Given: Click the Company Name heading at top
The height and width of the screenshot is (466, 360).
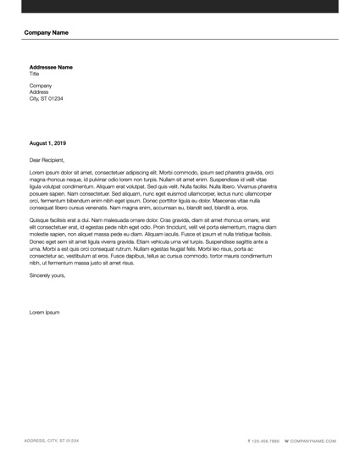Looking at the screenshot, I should coord(47,32).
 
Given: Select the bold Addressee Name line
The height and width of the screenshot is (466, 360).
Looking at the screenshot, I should coord(51,67).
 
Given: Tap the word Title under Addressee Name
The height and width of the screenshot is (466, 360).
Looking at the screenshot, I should coord(35,74).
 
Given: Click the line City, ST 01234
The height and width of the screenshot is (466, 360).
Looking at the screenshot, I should coord(47,98).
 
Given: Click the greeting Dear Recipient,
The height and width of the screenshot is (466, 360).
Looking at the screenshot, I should coord(47,159).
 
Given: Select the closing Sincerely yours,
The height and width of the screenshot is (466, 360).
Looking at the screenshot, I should coord(47,275).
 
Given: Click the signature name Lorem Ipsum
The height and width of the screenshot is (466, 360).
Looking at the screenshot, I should coord(45,313).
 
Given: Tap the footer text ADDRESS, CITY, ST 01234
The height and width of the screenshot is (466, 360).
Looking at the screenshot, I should coord(52,441).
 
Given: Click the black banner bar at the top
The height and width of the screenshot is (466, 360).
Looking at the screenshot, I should coord(180,6).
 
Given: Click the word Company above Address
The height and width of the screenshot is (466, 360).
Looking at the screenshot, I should coord(41,86).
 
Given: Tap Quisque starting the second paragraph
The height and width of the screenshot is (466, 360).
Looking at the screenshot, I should coord(40,219).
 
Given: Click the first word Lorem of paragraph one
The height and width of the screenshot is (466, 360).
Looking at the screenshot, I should coord(37,172).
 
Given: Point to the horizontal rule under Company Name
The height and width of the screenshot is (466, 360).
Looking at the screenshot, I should coord(180,39).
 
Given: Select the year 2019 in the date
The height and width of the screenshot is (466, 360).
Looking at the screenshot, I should coord(60,143).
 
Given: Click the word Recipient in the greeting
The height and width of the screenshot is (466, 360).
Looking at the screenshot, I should coord(54,159).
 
